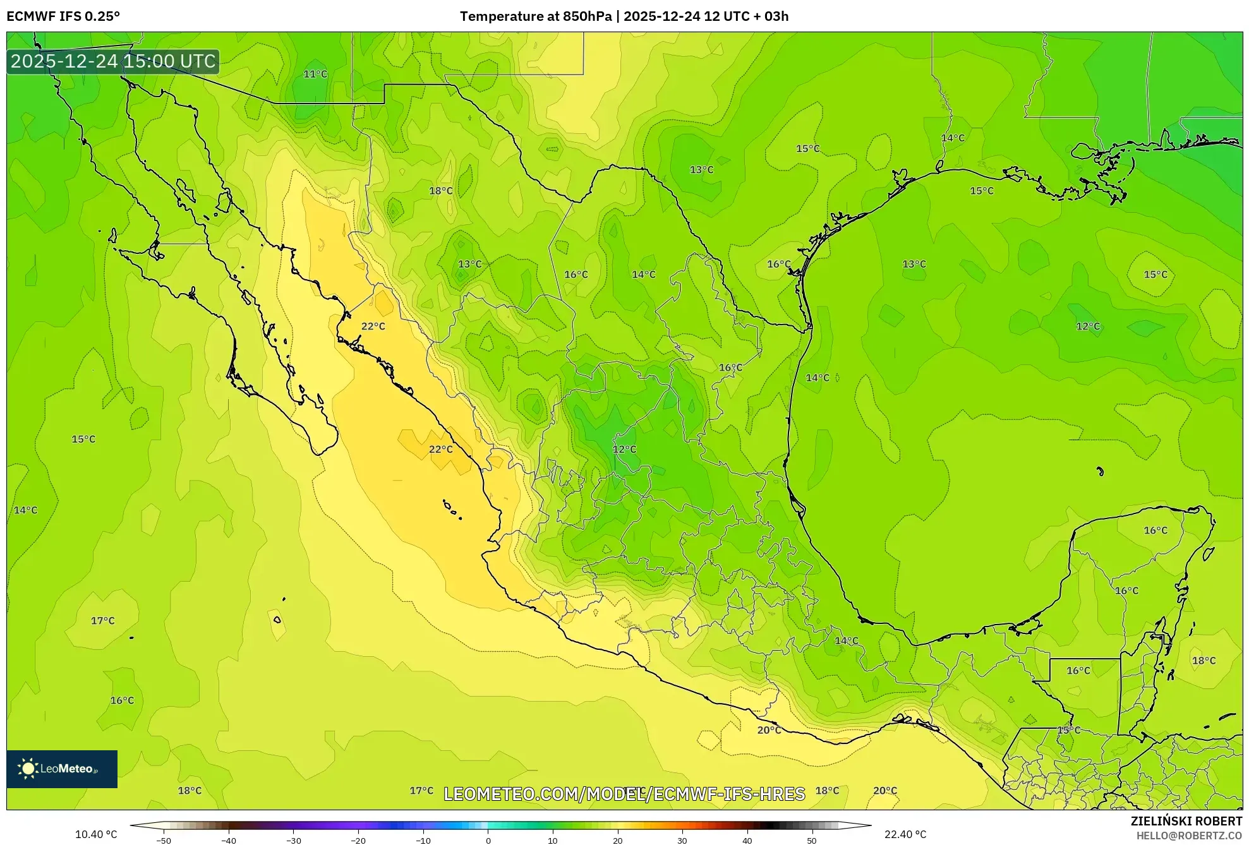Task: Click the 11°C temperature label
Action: (x=315, y=74)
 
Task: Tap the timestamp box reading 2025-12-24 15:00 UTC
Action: (x=113, y=61)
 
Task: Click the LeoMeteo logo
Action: (x=61, y=769)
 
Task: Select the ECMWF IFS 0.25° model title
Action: (x=63, y=16)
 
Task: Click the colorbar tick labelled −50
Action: (x=164, y=840)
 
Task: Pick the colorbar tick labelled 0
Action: (x=488, y=840)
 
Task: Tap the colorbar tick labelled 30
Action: (x=682, y=840)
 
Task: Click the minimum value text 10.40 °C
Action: (x=96, y=834)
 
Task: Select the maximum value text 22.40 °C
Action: (x=905, y=834)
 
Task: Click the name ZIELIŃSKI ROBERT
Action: (x=1186, y=821)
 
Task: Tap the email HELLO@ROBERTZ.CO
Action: (x=1189, y=836)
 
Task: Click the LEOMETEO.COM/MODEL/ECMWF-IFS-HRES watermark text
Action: (x=624, y=794)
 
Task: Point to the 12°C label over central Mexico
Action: (x=624, y=449)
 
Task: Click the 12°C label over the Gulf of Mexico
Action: (x=1088, y=326)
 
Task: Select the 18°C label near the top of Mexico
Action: (x=441, y=191)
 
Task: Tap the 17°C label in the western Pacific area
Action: (x=102, y=621)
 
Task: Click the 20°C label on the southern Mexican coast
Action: (x=769, y=730)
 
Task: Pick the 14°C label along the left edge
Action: (x=26, y=510)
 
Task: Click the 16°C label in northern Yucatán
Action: (x=1155, y=530)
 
